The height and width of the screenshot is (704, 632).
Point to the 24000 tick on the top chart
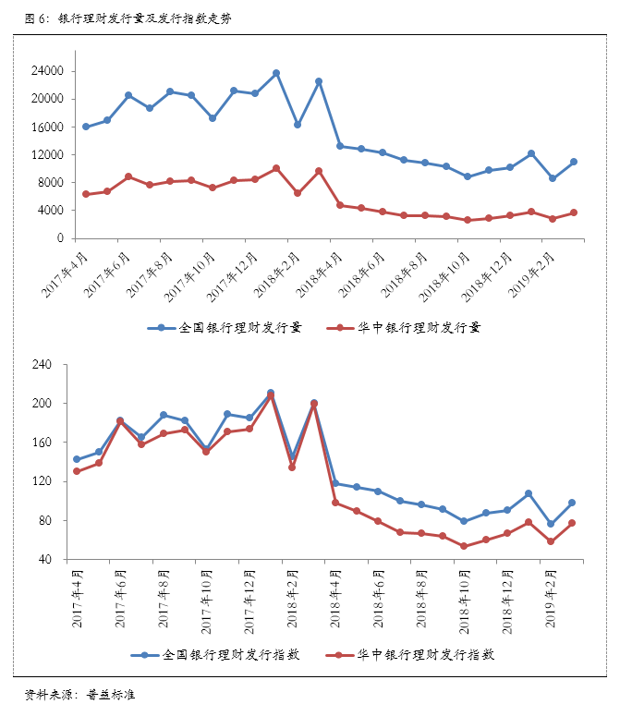click(47, 71)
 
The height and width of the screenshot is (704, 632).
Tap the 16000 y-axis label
click(47, 127)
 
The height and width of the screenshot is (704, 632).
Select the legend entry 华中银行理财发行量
click(420, 327)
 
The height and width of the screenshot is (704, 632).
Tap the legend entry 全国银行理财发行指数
click(231, 654)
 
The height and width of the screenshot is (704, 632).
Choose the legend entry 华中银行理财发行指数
click(426, 654)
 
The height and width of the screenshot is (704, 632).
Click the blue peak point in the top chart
click(276, 73)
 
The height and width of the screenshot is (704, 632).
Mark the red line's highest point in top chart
click(276, 168)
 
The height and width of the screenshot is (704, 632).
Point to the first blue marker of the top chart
click(86, 127)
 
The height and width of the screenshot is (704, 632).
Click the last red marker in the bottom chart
click(572, 523)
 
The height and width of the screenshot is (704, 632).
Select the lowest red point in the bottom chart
click(465, 546)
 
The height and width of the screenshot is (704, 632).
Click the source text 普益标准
click(111, 694)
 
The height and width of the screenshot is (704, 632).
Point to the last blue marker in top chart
click(574, 162)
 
